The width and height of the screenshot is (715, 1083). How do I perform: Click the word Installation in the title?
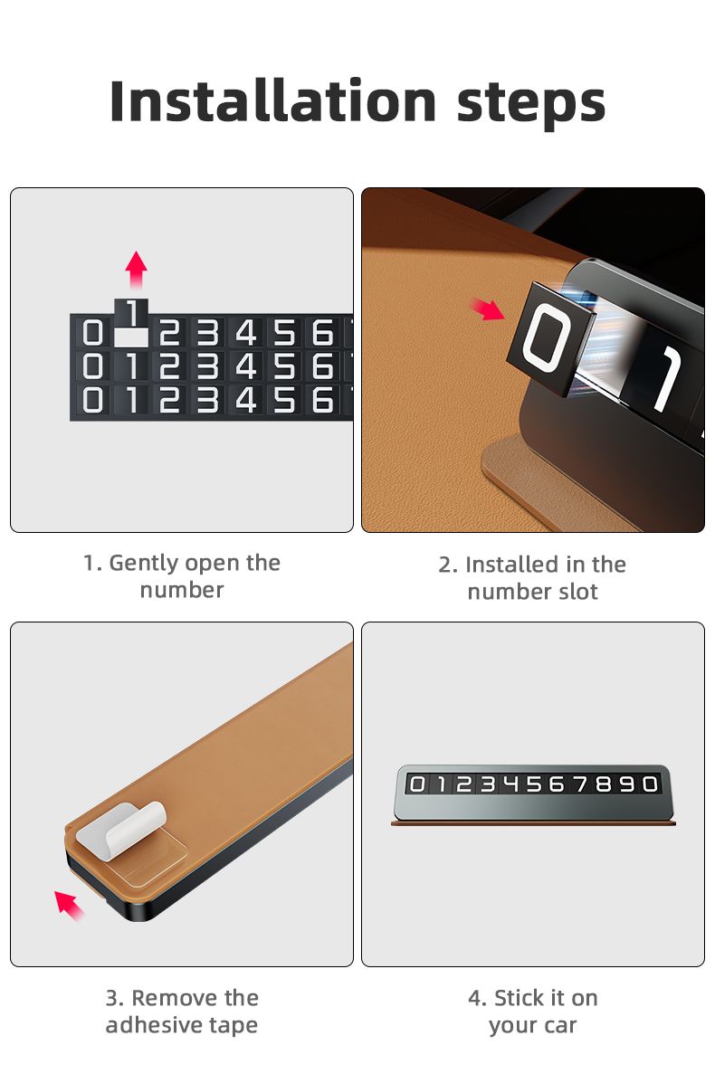[x=272, y=100]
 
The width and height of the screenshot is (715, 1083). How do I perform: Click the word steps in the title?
[x=531, y=104]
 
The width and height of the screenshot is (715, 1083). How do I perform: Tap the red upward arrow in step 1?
[x=136, y=270]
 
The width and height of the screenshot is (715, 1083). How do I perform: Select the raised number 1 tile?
[x=131, y=312]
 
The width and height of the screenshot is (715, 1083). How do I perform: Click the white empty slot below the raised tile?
[x=131, y=337]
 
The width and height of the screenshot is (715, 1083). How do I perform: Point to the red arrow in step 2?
[x=488, y=309]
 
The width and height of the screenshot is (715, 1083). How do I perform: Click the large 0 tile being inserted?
[x=550, y=339]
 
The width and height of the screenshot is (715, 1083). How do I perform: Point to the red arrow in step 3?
[x=69, y=905]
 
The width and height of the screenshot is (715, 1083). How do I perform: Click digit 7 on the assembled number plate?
[x=579, y=784]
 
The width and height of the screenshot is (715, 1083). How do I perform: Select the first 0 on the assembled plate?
[x=417, y=784]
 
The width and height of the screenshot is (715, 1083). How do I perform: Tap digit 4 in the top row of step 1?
[x=246, y=333]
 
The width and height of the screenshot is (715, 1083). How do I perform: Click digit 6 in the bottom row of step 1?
[x=322, y=400]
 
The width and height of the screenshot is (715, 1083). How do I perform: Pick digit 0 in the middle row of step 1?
[x=92, y=366]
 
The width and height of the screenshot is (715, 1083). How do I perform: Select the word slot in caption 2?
[x=573, y=592]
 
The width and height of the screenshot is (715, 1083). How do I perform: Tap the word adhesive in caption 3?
[x=154, y=1025]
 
